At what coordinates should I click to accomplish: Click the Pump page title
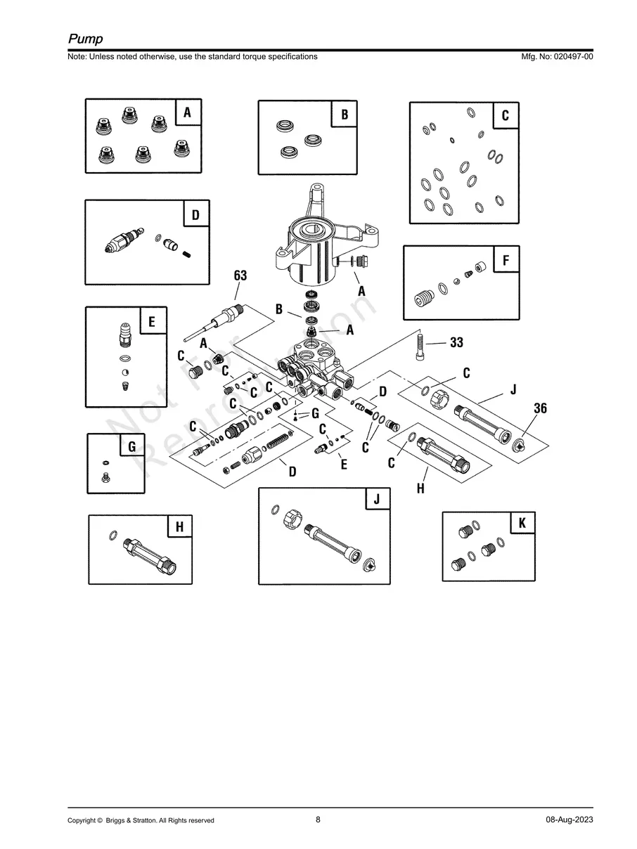click(x=85, y=39)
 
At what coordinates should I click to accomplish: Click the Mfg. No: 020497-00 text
click(x=555, y=56)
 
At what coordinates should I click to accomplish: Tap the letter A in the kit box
click(x=187, y=112)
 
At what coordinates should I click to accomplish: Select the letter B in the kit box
click(x=345, y=114)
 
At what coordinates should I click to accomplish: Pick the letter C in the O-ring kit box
click(x=505, y=115)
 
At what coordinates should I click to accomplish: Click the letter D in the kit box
click(x=195, y=214)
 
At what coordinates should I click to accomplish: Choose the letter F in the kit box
click(x=505, y=261)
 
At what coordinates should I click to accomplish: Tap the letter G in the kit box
click(x=131, y=446)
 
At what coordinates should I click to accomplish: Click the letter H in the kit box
click(x=179, y=526)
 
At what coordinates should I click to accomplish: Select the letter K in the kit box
click(x=522, y=524)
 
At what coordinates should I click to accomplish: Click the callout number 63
click(x=240, y=276)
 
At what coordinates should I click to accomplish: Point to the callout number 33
click(x=456, y=343)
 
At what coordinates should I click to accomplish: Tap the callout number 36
click(x=540, y=408)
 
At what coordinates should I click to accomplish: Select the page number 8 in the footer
click(x=318, y=819)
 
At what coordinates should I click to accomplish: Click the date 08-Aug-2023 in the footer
click(x=569, y=820)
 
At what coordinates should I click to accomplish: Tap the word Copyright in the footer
click(x=82, y=820)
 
